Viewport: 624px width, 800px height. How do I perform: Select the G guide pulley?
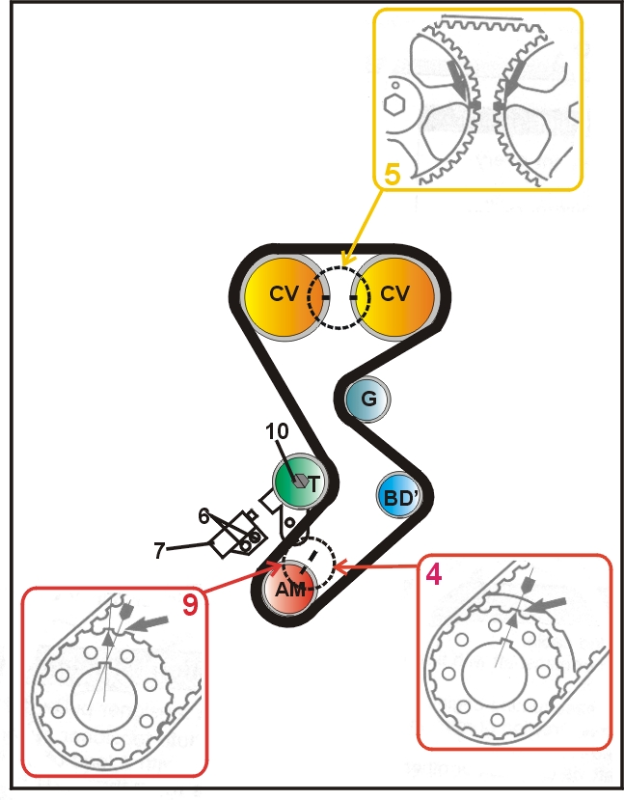tap(367, 399)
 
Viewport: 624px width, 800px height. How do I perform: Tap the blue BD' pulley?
tap(399, 496)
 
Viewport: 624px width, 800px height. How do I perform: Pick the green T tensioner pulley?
tap(299, 481)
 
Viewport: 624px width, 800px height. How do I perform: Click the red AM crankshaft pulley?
tap(289, 589)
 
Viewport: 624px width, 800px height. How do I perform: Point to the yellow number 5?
tap(392, 175)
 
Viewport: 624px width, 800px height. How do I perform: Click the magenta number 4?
tap(433, 575)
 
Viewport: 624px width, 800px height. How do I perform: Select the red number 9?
tap(190, 605)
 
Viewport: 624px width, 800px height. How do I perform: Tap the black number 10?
tap(277, 431)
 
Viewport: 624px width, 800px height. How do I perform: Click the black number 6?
tap(203, 517)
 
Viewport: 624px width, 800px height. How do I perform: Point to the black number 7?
tap(159, 551)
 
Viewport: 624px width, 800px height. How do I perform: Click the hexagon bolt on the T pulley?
tap(301, 481)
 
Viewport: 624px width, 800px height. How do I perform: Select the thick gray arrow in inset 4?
tap(546, 605)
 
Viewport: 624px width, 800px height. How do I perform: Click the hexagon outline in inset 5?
tap(394, 104)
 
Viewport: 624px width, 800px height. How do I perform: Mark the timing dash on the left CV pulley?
tap(326, 297)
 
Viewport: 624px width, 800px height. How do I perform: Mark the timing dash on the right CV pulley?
tap(354, 297)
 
